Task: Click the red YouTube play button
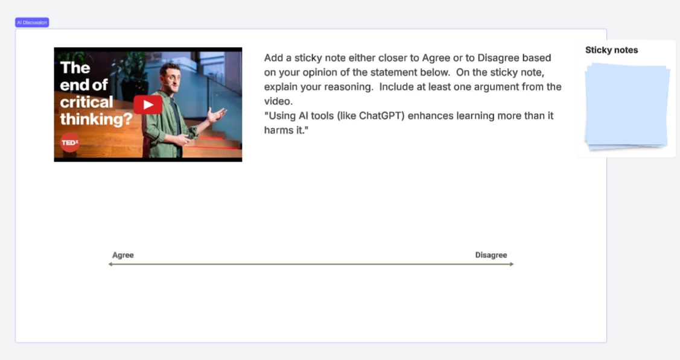point(148,105)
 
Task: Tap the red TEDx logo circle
point(70,142)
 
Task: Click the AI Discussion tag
point(32,22)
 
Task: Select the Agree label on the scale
point(122,255)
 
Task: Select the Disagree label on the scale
point(491,255)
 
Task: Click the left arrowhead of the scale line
point(110,264)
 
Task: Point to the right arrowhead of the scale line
point(512,264)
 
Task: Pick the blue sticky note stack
point(626,107)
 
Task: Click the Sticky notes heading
point(611,50)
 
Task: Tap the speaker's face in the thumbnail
point(170,77)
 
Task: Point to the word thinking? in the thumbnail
point(96,119)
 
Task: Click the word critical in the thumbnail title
point(86,103)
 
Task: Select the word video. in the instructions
point(278,101)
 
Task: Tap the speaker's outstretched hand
point(218,115)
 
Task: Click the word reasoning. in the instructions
point(351,87)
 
